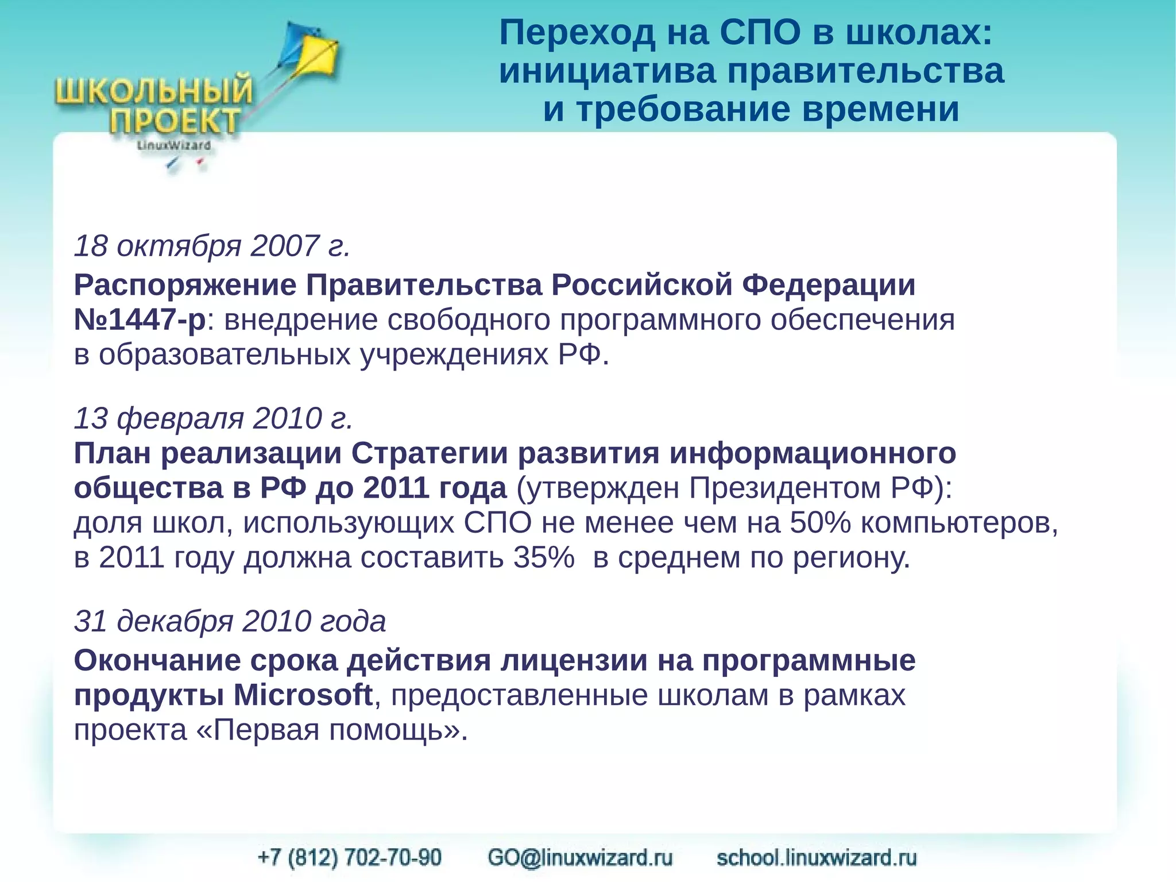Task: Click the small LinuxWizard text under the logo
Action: click(174, 145)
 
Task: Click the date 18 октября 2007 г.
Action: click(212, 246)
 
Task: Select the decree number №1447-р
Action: click(140, 319)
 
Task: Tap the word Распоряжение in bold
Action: click(185, 285)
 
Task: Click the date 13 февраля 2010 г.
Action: click(213, 418)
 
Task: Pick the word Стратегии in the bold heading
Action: click(429, 453)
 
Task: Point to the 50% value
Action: click(819, 523)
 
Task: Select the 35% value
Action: click(543, 557)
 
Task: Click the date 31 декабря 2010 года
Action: click(230, 621)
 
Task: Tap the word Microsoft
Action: click(303, 695)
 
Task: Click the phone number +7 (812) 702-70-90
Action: click(350, 857)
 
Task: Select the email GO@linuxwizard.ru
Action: click(580, 857)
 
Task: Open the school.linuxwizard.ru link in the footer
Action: click(816, 857)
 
